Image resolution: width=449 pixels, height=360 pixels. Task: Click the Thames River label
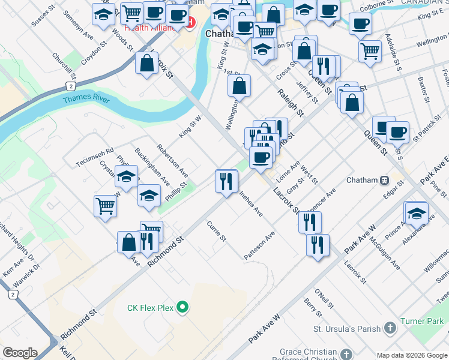(86, 99)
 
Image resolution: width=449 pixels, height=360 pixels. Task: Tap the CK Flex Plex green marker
(184, 308)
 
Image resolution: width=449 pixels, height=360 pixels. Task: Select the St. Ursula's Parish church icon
(390, 328)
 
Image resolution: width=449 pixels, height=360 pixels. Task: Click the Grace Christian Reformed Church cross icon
(346, 355)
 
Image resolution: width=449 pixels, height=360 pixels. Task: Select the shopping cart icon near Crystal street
(105, 205)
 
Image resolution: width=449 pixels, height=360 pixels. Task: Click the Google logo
(20, 353)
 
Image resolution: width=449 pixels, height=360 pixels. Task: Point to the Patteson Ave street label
(259, 246)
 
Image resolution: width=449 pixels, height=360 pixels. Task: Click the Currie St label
(216, 232)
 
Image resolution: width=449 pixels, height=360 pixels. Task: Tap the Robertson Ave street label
(173, 160)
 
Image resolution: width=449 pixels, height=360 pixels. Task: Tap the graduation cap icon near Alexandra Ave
(417, 213)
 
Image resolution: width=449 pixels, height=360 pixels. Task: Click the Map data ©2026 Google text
(411, 355)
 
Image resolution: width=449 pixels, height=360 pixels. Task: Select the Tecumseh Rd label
(95, 158)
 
